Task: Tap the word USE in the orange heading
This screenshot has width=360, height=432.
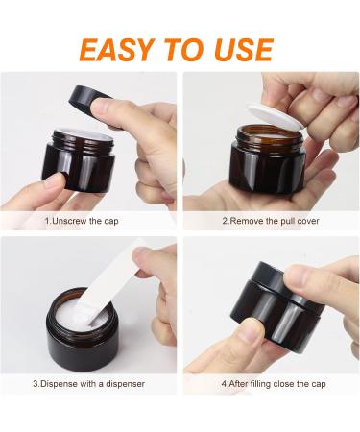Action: click(244, 50)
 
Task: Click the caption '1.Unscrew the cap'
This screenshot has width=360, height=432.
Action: click(82, 221)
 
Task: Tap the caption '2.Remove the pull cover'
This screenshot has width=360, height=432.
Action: click(271, 221)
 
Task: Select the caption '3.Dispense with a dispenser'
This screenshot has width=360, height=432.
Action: click(88, 383)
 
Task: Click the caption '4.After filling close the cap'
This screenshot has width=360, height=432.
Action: click(274, 383)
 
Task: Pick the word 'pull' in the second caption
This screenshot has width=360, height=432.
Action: click(288, 221)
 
